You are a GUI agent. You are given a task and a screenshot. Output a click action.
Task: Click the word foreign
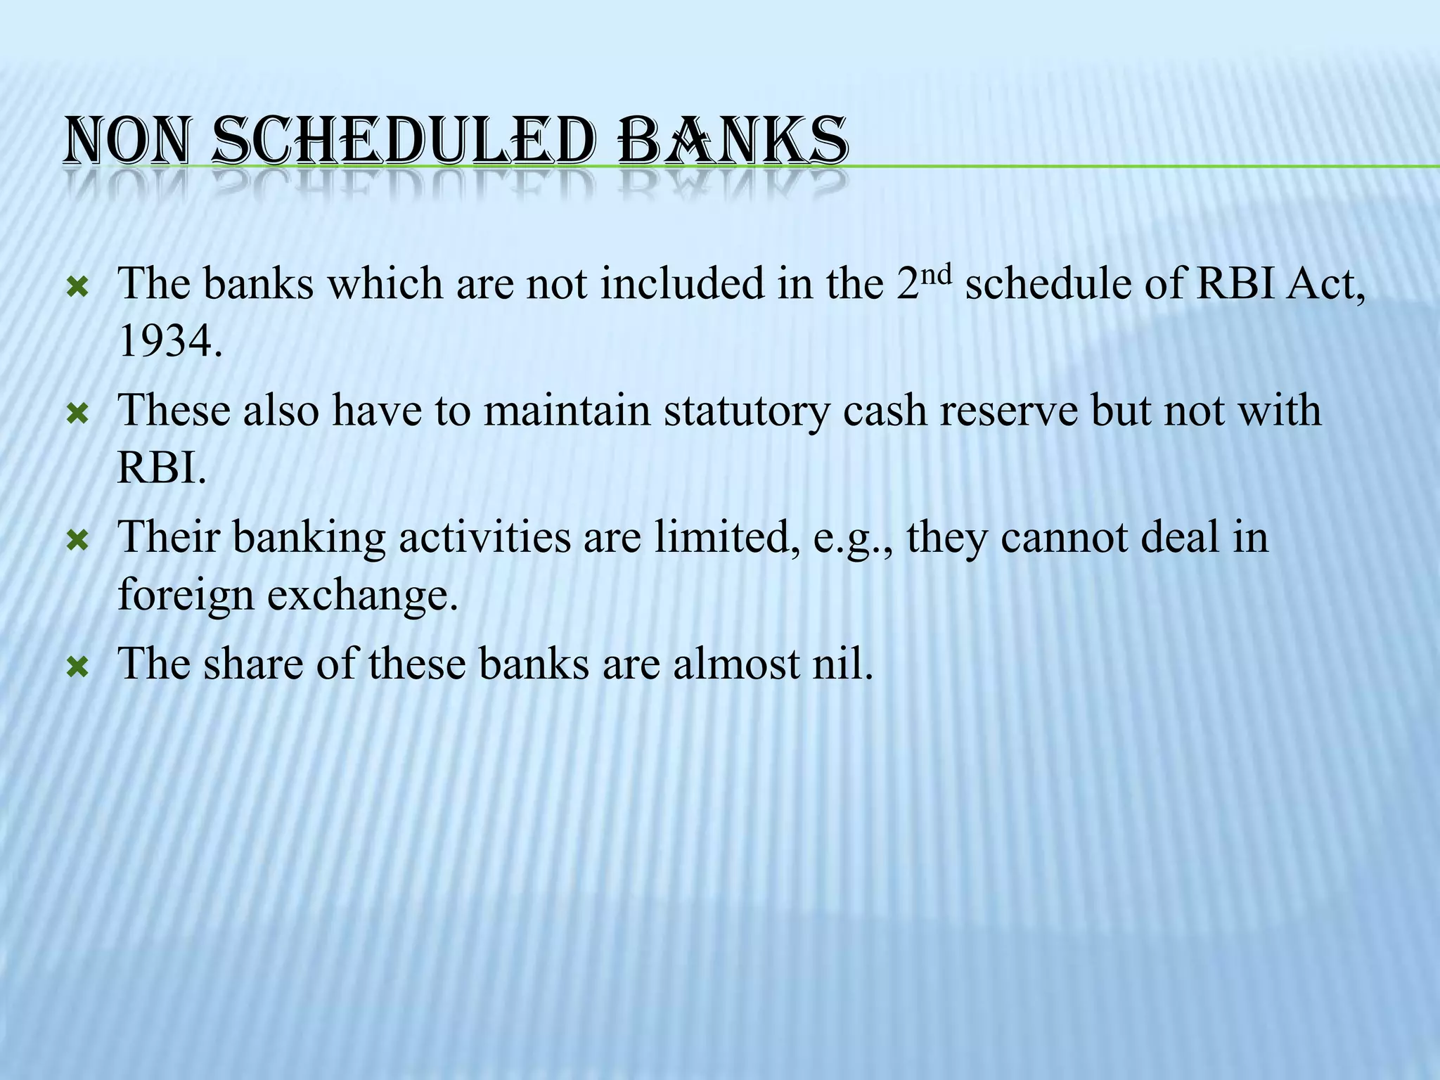coord(185,596)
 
